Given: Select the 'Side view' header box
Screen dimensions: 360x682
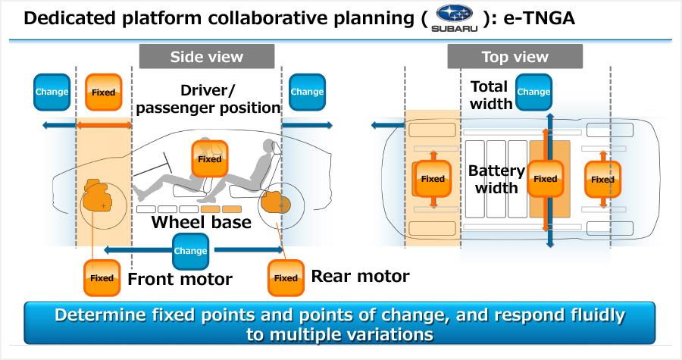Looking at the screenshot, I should pyautogui.click(x=206, y=57).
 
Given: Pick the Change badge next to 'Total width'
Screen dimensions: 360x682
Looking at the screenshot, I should pyautogui.click(x=533, y=92).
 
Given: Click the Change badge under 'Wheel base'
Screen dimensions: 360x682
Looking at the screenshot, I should pyautogui.click(x=190, y=251).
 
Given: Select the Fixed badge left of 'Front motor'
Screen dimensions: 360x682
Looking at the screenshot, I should pyautogui.click(x=102, y=277).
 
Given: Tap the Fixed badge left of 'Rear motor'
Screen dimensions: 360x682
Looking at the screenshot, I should pyautogui.click(x=286, y=277).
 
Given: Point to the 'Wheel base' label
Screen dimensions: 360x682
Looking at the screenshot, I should pyautogui.click(x=201, y=223).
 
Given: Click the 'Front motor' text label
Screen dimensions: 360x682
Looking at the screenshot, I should pyautogui.click(x=180, y=279).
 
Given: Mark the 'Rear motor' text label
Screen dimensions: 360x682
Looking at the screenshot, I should pyautogui.click(x=360, y=276).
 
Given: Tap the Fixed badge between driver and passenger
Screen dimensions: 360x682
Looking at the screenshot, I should pyautogui.click(x=209, y=159).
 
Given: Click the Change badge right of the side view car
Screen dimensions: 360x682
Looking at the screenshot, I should pyautogui.click(x=307, y=92).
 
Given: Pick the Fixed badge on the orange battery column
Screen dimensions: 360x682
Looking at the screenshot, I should pyautogui.click(x=545, y=179).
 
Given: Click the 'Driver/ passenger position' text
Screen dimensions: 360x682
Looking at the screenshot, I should pyautogui.click(x=208, y=99).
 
